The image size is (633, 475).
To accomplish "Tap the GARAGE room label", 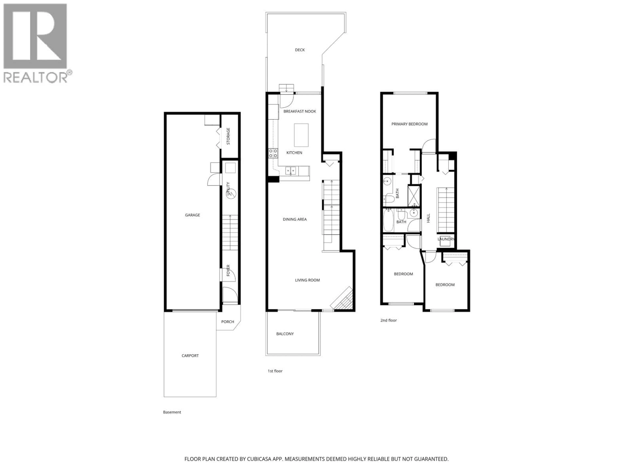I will pos(192,215).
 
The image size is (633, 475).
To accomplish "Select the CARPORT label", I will pos(190,356).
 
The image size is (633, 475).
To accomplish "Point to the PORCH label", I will pos(227,322).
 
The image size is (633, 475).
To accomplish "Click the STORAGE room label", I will pos(228,136).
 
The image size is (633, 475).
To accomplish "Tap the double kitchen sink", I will pos(290,171).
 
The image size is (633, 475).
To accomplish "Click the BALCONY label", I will pos(285,334).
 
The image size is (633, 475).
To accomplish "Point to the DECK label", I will pos(300,50).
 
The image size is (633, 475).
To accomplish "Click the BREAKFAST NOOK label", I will pos(300,111).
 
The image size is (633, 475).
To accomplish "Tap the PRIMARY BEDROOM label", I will pos(409,124).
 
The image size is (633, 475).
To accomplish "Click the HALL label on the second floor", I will pos(428,218).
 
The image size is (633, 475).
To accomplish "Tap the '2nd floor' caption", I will pos(388,320).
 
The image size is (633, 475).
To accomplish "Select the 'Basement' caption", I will pos(172,412).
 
